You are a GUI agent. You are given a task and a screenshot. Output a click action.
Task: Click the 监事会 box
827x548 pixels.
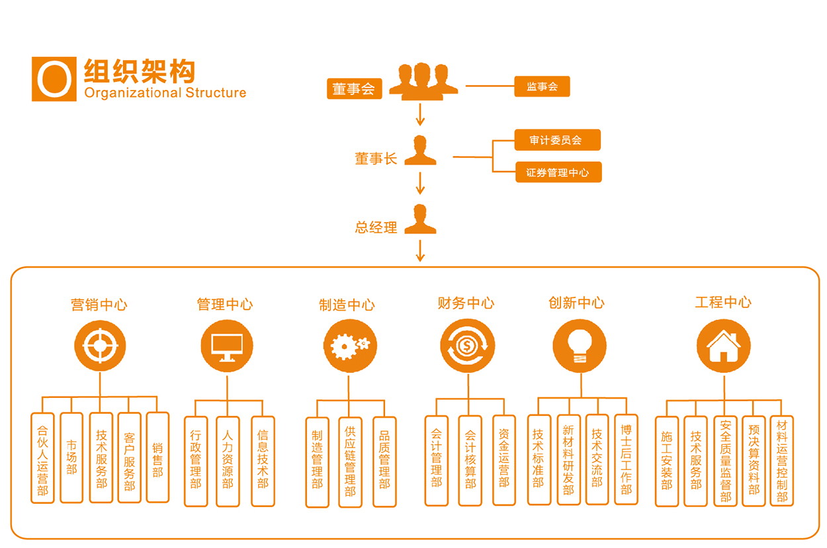tap(542, 87)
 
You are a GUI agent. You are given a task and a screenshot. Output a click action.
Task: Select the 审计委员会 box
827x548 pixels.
tap(557, 140)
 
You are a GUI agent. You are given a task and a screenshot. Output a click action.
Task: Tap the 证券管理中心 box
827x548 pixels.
tap(557, 173)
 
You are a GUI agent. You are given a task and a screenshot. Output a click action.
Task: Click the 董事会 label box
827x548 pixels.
tap(354, 89)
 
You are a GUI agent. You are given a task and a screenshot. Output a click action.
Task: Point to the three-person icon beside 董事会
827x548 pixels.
tap(423, 81)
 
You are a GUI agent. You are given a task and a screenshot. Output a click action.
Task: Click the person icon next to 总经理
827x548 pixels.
tap(420, 219)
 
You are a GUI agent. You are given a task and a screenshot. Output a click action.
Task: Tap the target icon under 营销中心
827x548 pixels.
tap(100, 345)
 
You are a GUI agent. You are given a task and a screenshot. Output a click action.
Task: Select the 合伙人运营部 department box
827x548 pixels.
tap(42, 457)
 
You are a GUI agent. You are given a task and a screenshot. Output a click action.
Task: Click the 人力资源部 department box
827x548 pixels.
tap(228, 461)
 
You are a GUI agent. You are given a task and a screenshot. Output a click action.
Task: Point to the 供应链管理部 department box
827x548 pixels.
tap(350, 461)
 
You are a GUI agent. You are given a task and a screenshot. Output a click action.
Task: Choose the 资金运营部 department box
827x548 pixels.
tap(503, 460)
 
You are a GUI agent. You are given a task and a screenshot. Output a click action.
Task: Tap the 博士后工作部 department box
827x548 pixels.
tap(626, 459)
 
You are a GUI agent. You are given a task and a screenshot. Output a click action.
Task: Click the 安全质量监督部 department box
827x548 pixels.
tap(725, 461)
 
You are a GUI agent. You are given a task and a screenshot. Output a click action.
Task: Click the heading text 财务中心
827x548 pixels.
tap(466, 303)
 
